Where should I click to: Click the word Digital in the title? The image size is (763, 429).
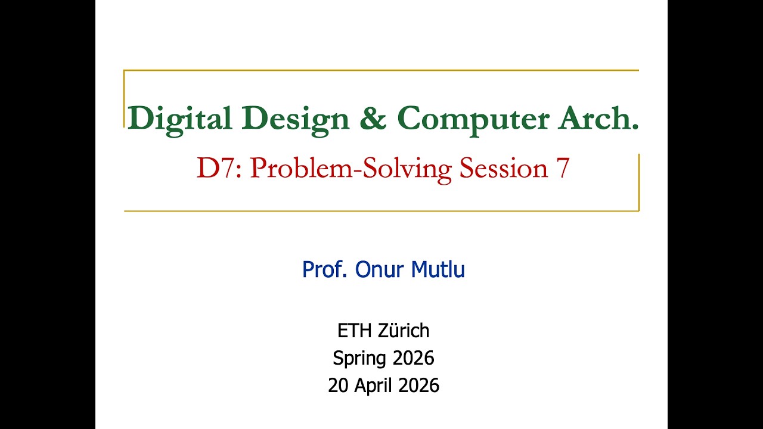[x=179, y=119]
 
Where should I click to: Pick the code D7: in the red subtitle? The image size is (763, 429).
[x=220, y=169]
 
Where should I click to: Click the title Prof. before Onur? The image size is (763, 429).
[x=325, y=270]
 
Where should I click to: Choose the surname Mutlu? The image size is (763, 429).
[x=439, y=270]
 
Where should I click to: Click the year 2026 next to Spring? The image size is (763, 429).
[x=413, y=358]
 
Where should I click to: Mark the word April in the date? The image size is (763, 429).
[x=374, y=386]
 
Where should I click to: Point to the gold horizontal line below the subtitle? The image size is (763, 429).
[x=381, y=210]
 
